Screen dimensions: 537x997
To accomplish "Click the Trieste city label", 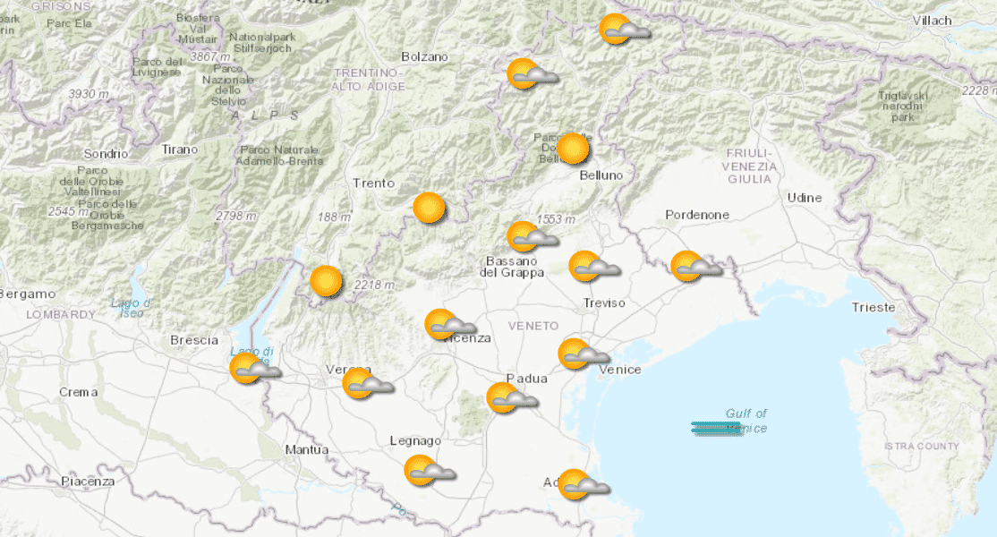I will click(873, 307).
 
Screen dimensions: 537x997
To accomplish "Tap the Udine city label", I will click(804, 197).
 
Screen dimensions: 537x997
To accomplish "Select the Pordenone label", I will click(697, 215).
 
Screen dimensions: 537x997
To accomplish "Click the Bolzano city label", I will click(424, 56).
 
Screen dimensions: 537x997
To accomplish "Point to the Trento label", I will click(373, 183).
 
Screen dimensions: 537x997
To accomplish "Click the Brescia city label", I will click(194, 340).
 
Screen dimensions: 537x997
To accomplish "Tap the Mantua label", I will click(307, 449).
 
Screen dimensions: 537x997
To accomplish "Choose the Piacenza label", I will click(88, 482).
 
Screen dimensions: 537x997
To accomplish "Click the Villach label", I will click(933, 20).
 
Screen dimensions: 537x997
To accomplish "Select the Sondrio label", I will click(107, 154).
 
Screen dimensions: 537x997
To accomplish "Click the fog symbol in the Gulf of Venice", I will click(717, 429).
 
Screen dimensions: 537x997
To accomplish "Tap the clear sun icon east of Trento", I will click(430, 208).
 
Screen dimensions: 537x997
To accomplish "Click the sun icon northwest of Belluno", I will click(573, 149).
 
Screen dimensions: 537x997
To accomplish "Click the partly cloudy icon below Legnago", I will click(429, 471).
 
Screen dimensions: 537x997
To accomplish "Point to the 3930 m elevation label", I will click(89, 94).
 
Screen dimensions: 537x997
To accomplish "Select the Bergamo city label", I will click(27, 294).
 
